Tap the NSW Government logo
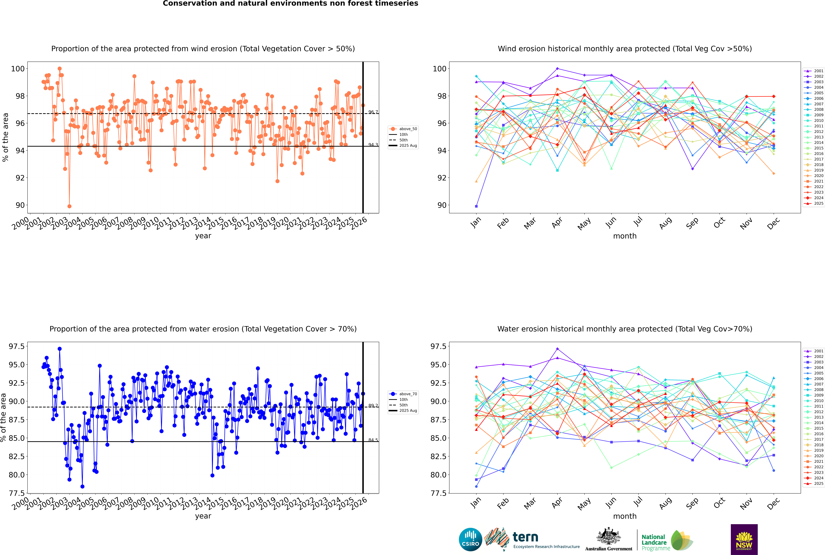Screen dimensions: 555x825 (744, 539)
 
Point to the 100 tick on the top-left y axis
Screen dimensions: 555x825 (18, 69)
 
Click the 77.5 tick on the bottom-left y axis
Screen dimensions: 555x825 (17, 493)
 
